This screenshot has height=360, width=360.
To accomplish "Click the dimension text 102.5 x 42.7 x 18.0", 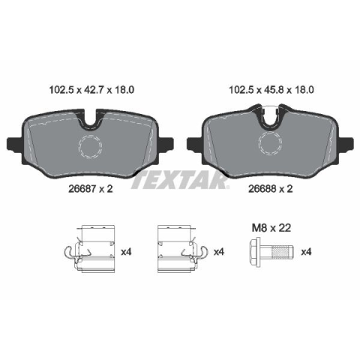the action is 91,90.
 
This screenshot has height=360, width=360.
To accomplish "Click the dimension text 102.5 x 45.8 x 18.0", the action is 271,90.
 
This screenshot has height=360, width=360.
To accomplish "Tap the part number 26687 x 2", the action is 91,189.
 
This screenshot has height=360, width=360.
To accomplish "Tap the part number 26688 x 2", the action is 270,189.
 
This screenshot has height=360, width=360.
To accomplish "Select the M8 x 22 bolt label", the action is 271,228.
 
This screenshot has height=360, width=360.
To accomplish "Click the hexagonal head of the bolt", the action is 255,252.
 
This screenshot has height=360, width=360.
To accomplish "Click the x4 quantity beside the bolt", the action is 306,252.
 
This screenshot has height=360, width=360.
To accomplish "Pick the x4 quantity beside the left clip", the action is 126,252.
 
